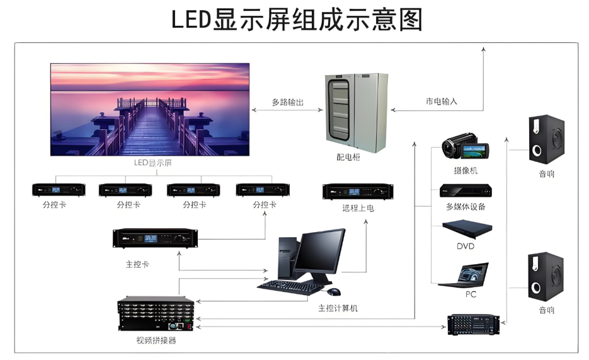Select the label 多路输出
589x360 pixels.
tap(287, 102)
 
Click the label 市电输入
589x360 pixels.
tap(441, 101)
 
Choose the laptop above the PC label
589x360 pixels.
tap(464, 276)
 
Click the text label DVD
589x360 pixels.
tap(466, 246)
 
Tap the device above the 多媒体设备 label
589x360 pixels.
tap(466, 190)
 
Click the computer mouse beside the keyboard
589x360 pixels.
tap(333, 291)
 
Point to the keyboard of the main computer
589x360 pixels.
tap(290, 286)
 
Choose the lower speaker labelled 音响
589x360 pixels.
tap(546, 277)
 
